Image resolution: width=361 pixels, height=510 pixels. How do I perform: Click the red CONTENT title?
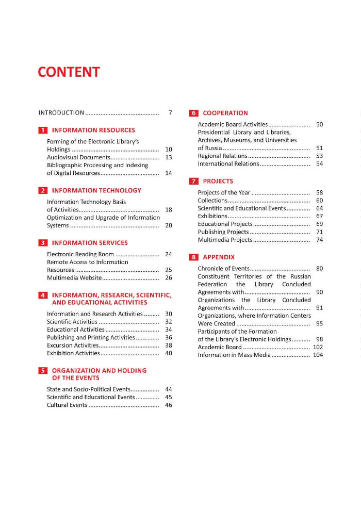(69, 72)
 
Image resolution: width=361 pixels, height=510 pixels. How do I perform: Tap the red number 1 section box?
(43, 130)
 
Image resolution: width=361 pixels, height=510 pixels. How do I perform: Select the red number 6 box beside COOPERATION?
(194, 113)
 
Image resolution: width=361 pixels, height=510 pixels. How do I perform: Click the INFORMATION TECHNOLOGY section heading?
(96, 190)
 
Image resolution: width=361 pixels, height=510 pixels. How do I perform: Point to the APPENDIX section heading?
(219, 257)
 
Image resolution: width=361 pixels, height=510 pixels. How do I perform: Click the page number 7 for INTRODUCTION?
(170, 112)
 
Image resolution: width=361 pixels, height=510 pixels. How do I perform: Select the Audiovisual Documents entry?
(78, 157)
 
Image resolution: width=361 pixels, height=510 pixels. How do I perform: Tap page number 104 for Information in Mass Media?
(318, 355)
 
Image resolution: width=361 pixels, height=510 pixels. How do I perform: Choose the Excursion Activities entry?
(73, 345)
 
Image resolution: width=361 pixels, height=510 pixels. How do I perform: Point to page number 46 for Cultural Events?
(168, 405)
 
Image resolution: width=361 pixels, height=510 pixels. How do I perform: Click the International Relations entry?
(228, 163)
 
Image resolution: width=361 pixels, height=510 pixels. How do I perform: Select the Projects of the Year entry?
(224, 192)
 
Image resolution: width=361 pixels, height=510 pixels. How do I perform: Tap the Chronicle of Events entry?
(224, 268)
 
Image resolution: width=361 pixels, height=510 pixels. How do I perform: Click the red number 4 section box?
(43, 295)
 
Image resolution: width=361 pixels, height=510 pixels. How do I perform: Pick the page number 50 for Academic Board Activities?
(319, 124)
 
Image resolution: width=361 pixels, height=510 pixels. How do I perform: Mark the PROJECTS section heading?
(218, 181)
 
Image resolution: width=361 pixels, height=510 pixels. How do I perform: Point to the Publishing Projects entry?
(223, 232)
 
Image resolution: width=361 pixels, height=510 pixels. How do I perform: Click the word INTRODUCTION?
(61, 112)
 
